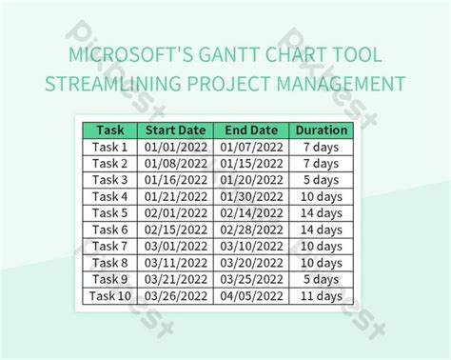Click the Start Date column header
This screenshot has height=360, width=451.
click(x=176, y=130)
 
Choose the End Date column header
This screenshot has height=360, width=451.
click(x=252, y=130)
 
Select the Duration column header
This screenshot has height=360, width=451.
click(x=321, y=130)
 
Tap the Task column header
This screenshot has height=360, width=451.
click(x=109, y=130)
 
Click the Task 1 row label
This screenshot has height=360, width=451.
click(x=109, y=147)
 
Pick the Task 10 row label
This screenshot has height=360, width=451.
click(x=109, y=296)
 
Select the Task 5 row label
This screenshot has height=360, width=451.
click(x=109, y=213)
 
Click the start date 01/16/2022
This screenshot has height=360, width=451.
click(x=176, y=180)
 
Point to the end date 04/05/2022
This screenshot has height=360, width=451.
click(x=252, y=296)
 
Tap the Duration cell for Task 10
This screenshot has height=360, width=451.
click(x=321, y=296)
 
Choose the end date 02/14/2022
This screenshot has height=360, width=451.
click(x=252, y=213)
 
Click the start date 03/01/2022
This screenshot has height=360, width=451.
click(x=176, y=247)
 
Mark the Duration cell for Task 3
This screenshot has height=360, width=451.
click(x=321, y=180)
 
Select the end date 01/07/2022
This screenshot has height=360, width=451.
click(x=252, y=147)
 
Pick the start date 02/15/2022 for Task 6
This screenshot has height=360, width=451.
click(x=176, y=230)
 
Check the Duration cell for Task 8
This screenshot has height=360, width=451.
click(x=321, y=263)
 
